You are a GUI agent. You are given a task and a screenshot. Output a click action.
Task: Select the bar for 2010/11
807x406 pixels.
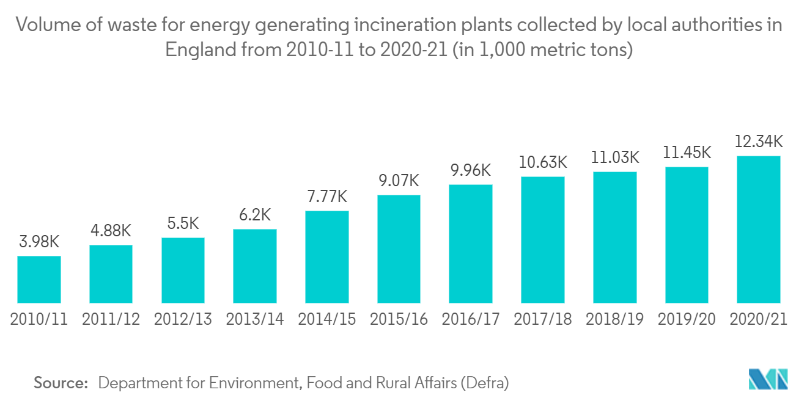pyautogui.click(x=39, y=279)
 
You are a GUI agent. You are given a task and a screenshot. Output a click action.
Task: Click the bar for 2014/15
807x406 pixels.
pyautogui.click(x=326, y=257)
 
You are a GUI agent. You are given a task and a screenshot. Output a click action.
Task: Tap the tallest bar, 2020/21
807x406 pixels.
pyautogui.click(x=759, y=230)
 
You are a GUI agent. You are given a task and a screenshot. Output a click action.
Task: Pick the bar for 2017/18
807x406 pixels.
pyautogui.click(x=542, y=240)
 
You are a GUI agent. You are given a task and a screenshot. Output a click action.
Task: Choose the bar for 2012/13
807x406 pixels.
pyautogui.click(x=183, y=270)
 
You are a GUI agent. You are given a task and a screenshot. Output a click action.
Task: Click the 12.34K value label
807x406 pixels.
pyautogui.click(x=759, y=142)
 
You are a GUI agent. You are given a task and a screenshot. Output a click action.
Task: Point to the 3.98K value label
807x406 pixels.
pyautogui.click(x=39, y=242)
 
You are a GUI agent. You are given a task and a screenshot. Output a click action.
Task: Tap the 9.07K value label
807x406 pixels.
pyautogui.click(x=399, y=181)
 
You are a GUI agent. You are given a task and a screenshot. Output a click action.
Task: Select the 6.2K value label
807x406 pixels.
pyautogui.click(x=255, y=215)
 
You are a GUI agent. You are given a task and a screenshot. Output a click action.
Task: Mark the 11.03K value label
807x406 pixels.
pyautogui.click(x=615, y=158)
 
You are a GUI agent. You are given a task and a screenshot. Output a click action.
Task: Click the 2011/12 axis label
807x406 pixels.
pyautogui.click(x=111, y=319)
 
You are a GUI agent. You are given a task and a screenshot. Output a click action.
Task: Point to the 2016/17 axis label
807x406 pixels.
pyautogui.click(x=471, y=319)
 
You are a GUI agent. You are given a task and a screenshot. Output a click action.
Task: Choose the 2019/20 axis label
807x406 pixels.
pyautogui.click(x=687, y=319)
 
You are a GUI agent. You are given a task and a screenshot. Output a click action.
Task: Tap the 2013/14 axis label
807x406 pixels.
pyautogui.click(x=255, y=319)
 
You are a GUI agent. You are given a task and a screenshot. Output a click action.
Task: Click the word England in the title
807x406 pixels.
pyautogui.click(x=201, y=49)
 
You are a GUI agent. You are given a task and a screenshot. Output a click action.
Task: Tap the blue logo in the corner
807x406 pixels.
pyautogui.click(x=768, y=379)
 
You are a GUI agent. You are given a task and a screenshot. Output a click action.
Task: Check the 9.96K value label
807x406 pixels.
pyautogui.click(x=471, y=170)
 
